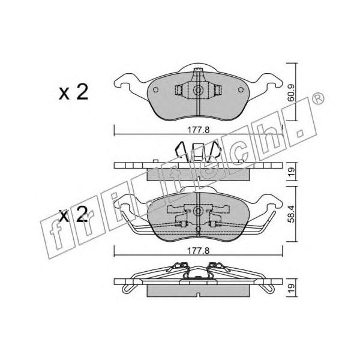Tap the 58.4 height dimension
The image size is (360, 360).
coord(291,214)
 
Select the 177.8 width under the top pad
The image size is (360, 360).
coord(199,130)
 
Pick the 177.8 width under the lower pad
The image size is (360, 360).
coord(199,251)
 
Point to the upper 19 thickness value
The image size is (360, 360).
coord(291,171)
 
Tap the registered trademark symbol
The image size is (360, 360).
coord(318,98)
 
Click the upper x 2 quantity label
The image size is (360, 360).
coord(73,92)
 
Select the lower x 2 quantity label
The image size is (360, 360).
coord(73,214)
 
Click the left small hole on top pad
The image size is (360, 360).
coord(155,89)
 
